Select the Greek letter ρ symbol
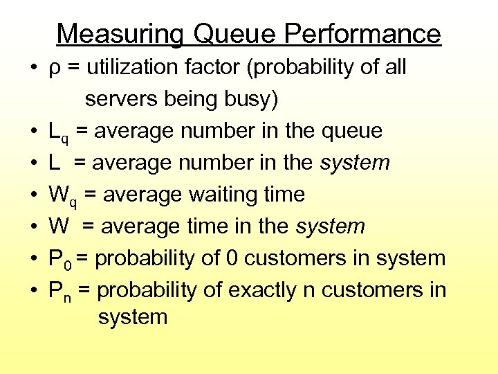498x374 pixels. coord(54,69)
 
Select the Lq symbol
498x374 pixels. coord(58,132)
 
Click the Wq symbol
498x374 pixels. coord(62,195)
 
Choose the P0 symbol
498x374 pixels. coord(59,259)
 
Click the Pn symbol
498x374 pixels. coord(59,291)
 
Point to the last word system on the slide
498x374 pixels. coord(133,318)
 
